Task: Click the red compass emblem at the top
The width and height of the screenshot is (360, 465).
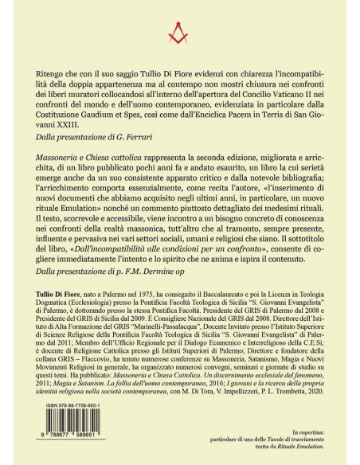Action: [x=180, y=35]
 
